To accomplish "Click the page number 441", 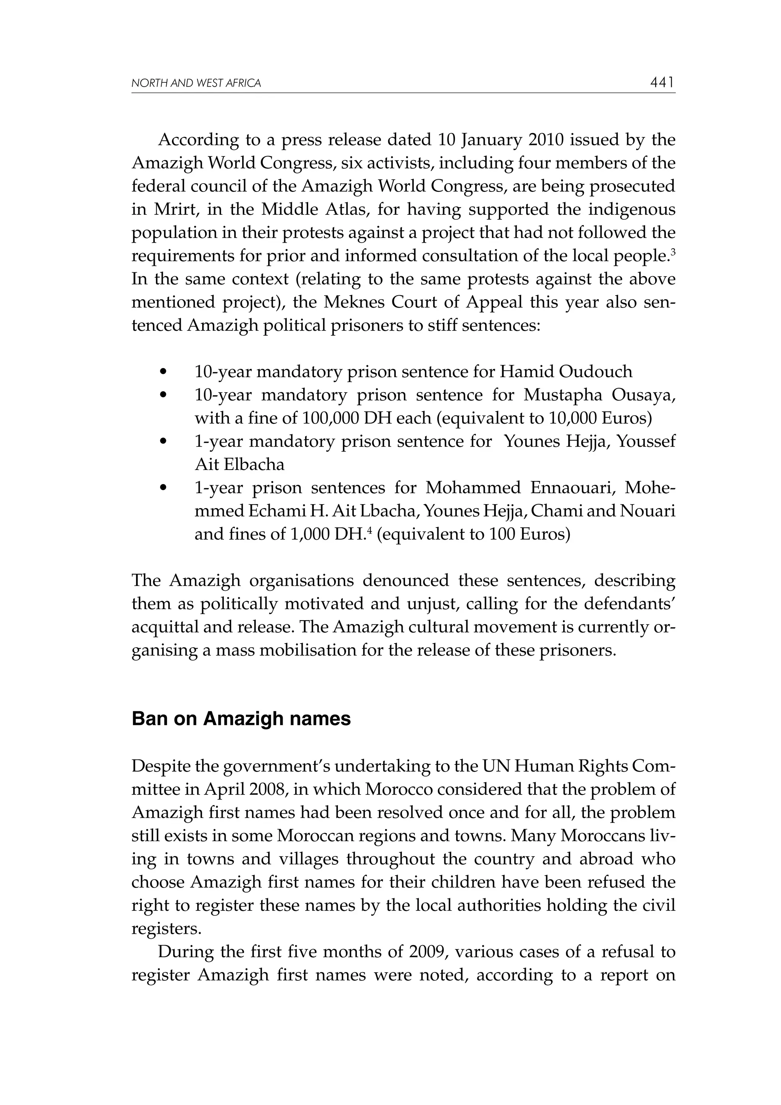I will [x=662, y=83].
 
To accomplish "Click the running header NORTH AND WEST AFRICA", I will [x=196, y=83].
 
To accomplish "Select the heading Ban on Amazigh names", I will [x=241, y=719].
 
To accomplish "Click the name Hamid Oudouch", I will [x=566, y=372].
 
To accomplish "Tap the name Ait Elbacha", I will [x=239, y=465].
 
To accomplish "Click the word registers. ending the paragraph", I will [x=166, y=928].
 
